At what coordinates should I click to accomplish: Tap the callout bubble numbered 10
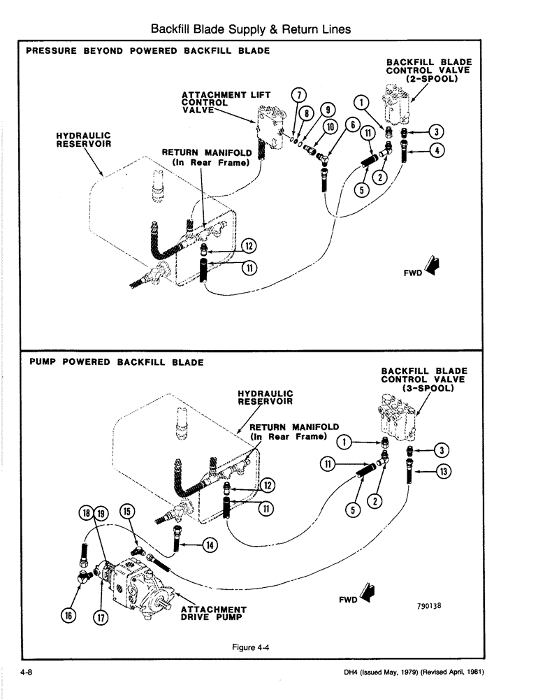(331, 126)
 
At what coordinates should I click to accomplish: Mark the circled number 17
(101, 618)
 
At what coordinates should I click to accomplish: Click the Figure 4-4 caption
(251, 647)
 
